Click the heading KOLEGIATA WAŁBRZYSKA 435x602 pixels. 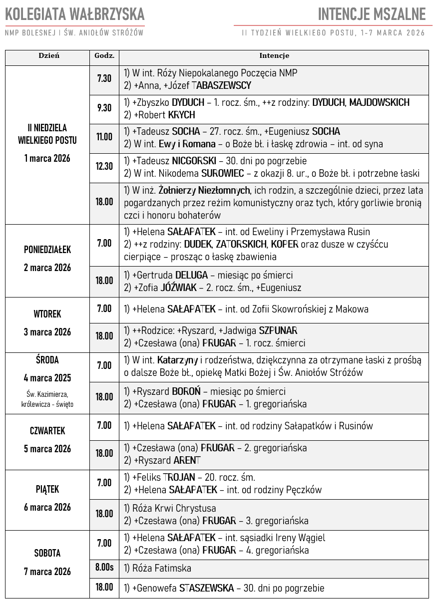pos(75,14)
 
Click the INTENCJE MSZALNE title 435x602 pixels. pos(372,14)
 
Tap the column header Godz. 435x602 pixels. pos(104,55)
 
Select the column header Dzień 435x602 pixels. pos(48,55)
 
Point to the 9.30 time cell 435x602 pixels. pos(104,108)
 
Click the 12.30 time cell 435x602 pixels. pos(104,166)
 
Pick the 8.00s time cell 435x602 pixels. pos(104,567)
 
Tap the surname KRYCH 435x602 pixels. pos(182,115)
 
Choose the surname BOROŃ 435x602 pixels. pos(186,391)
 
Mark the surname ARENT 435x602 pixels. pos(187,460)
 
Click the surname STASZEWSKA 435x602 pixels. pos(206,588)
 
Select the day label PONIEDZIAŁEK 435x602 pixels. pos(47,250)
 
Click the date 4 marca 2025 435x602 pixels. pos(47,377)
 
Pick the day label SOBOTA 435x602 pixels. pos(47,553)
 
